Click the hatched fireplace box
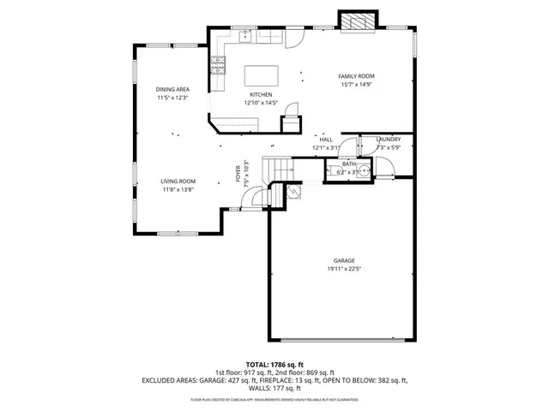click(x=359, y=21)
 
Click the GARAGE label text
click(x=344, y=260)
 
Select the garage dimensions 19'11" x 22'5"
click(x=344, y=269)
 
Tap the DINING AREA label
click(x=172, y=90)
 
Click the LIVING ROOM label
click(x=178, y=181)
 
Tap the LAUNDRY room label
click(x=389, y=139)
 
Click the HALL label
click(x=326, y=139)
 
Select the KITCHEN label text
click(x=261, y=94)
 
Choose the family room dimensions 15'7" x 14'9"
click(x=358, y=85)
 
